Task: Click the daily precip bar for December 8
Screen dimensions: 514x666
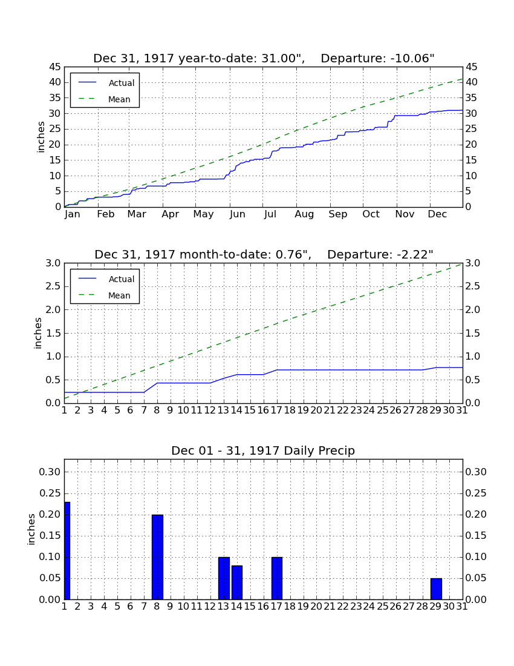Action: click(157, 557)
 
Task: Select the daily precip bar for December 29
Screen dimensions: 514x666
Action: click(436, 589)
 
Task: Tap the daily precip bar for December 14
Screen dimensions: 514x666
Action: click(237, 582)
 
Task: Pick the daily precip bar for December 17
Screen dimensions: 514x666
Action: click(277, 578)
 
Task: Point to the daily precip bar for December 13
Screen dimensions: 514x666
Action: click(224, 578)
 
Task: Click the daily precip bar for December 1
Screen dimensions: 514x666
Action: click(67, 550)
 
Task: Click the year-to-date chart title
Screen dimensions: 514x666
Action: click(264, 58)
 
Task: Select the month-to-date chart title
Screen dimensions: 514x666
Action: click(264, 254)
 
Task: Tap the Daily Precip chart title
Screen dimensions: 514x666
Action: click(263, 450)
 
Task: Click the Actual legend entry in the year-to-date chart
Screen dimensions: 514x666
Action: click(106, 83)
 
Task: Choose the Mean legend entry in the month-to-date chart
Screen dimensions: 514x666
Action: click(105, 295)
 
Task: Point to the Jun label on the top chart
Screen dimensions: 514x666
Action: click(238, 214)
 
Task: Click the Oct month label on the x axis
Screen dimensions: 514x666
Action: click(371, 214)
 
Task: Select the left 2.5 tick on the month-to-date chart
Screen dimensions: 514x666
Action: click(54, 286)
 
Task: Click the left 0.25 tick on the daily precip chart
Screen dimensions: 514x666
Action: click(50, 493)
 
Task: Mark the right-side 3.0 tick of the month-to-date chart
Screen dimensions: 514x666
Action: click(473, 263)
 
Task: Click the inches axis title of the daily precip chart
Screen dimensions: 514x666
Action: click(31, 529)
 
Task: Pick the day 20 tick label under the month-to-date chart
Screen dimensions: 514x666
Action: click(316, 410)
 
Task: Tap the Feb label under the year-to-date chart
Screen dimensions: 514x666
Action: click(106, 214)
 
